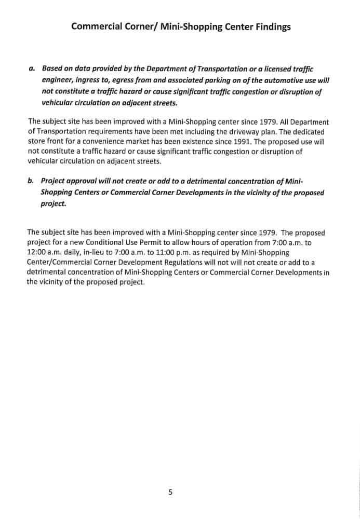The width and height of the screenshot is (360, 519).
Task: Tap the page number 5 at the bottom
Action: (170, 492)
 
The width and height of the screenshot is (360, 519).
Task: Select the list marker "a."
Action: (32, 69)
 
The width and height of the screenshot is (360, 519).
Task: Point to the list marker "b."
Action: (31, 181)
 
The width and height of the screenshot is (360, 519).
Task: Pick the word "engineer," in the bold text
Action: (58, 80)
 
